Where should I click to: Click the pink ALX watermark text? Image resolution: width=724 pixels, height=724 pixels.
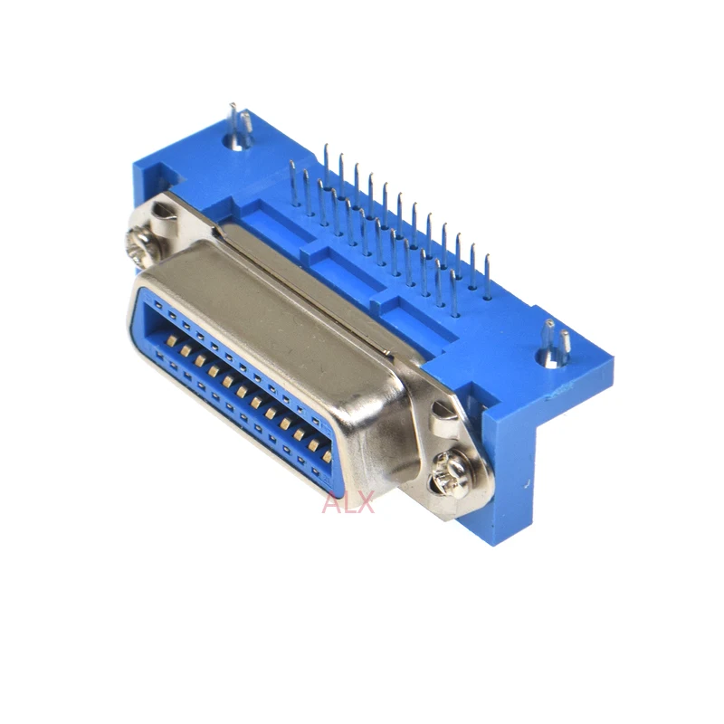(348, 502)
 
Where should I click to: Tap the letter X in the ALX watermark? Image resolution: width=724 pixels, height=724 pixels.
(366, 502)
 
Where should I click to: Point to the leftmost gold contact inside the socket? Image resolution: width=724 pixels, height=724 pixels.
(171, 341)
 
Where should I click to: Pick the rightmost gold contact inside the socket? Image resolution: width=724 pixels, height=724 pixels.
(327, 457)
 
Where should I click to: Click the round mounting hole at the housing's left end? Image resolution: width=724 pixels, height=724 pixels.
(236, 142)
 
